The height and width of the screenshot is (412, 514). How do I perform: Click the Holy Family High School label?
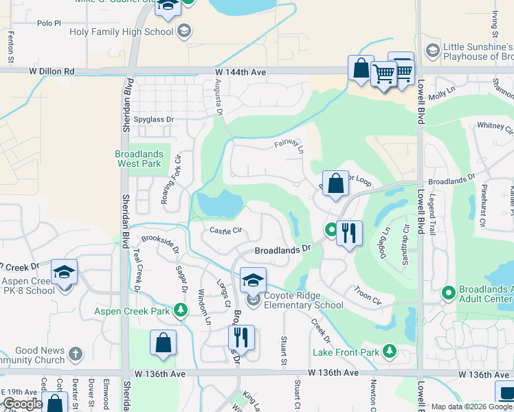pyautogui.click(x=122, y=32)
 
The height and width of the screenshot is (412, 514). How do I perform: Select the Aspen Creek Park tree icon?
pyautogui.click(x=181, y=311)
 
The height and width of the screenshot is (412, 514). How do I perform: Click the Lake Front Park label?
pyautogui.click(x=346, y=352)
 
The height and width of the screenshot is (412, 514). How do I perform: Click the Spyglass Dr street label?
pyautogui.click(x=155, y=119)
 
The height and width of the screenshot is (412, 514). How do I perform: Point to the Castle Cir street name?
pyautogui.click(x=226, y=231)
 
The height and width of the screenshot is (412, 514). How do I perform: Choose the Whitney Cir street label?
pyautogui.click(x=495, y=126)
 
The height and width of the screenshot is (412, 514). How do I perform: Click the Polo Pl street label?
pyautogui.click(x=49, y=23)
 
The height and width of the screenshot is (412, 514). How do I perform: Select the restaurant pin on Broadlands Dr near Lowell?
pyautogui.click(x=350, y=233)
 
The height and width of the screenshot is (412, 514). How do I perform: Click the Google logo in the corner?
pyautogui.click(x=23, y=404)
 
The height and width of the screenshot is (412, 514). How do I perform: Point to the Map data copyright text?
pyautogui.click(x=471, y=407)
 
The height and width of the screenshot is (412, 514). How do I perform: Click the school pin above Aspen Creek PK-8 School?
pyautogui.click(x=64, y=273)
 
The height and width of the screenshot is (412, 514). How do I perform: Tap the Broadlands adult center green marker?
pyautogui.click(x=449, y=293)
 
